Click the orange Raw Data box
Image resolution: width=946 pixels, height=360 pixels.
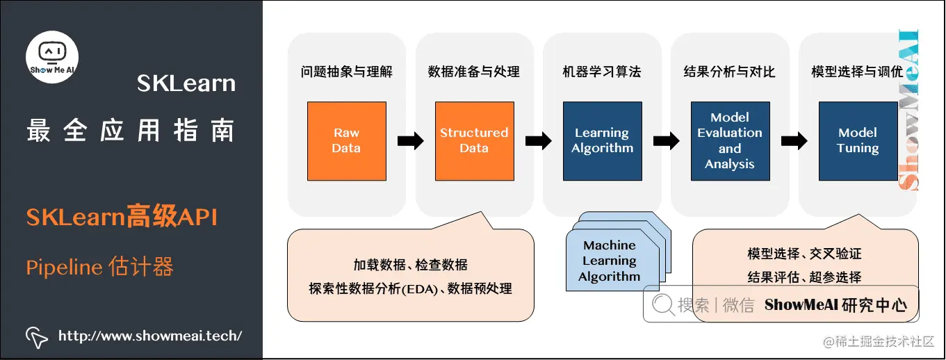tap(346, 141)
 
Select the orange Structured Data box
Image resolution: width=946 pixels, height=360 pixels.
tap(474, 141)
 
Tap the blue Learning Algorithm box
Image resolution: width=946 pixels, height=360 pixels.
tap(602, 141)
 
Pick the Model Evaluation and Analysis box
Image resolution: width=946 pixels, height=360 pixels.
tap(730, 141)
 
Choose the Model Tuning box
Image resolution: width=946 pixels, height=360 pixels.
tap(858, 141)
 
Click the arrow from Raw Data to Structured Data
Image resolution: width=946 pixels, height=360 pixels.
tap(411, 141)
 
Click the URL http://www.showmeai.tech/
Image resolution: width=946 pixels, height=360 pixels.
tap(150, 336)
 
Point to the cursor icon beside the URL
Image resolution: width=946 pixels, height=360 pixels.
tap(37, 336)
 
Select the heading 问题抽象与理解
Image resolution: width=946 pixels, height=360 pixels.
tap(347, 72)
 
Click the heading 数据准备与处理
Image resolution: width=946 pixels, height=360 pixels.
tap(474, 72)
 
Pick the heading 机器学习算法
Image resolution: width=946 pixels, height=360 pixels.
tap(602, 72)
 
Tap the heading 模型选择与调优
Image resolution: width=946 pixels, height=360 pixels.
tap(857, 72)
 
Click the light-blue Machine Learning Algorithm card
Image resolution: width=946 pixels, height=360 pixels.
tap(609, 261)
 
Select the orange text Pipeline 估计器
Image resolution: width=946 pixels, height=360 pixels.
tap(99, 268)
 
